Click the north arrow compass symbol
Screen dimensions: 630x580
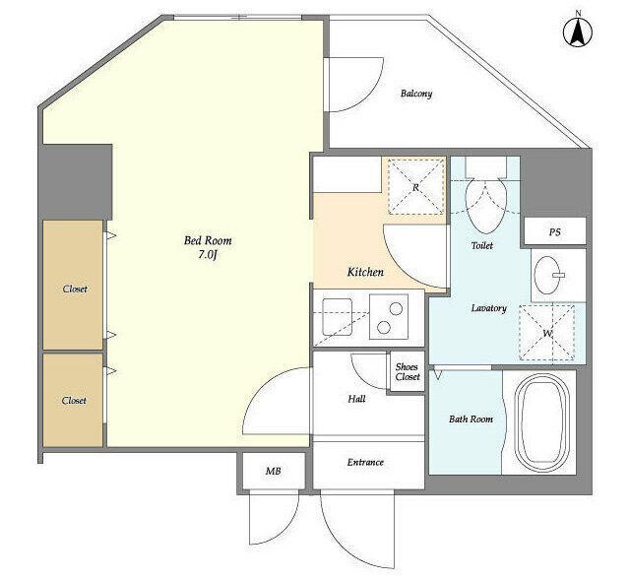point(578,32)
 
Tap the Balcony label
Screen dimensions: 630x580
point(416,94)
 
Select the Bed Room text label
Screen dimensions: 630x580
point(208,240)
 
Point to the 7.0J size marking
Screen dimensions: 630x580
point(208,255)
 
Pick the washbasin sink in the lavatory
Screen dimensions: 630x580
point(547,276)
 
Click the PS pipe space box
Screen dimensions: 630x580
point(555,232)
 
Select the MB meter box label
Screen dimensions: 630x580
point(274,471)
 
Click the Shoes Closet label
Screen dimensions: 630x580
point(407,372)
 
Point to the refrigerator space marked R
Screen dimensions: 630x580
point(415,187)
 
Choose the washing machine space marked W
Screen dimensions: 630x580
point(547,333)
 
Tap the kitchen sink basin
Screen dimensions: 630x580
point(338,317)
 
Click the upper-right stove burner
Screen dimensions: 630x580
point(396,308)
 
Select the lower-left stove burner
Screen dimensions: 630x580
point(384,328)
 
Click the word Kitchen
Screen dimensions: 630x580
point(365,272)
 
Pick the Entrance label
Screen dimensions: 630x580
point(365,462)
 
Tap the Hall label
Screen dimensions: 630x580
point(356,399)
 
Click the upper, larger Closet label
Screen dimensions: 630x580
point(75,289)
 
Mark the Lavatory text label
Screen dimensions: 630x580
point(488,308)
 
